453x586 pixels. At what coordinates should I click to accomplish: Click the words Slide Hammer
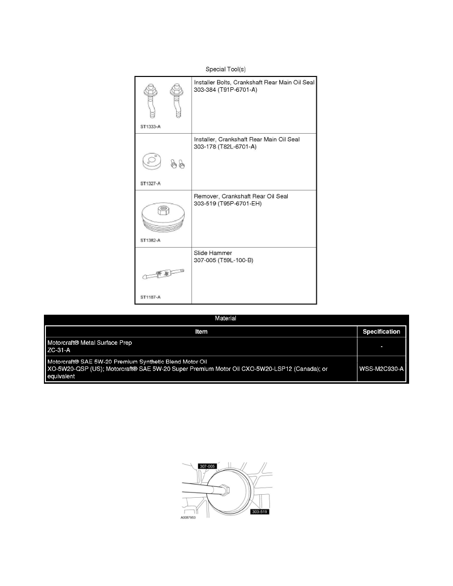tap(213, 253)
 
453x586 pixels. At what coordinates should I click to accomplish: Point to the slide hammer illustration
tap(162, 274)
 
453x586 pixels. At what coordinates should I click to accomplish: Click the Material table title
tap(226, 319)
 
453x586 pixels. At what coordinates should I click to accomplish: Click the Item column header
tap(201, 332)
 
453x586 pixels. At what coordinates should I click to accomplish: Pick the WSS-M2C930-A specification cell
tap(381, 369)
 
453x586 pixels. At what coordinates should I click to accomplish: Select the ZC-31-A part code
tap(59, 350)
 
